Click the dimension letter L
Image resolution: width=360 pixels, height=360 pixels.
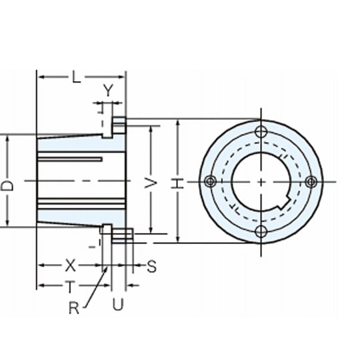[x=77, y=77]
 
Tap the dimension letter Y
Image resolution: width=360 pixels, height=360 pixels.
[x=108, y=90]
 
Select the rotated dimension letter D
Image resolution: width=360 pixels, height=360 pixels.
[x=7, y=185]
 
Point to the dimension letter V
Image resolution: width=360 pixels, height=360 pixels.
[x=151, y=183]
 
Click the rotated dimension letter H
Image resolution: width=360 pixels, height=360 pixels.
[x=177, y=183]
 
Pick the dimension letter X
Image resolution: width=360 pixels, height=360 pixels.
[x=71, y=265]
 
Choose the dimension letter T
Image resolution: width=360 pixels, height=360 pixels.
[x=70, y=287]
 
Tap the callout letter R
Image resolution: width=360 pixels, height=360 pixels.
[x=74, y=308]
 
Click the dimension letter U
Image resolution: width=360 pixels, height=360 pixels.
[x=118, y=304]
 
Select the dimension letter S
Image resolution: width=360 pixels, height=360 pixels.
[x=151, y=266]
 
